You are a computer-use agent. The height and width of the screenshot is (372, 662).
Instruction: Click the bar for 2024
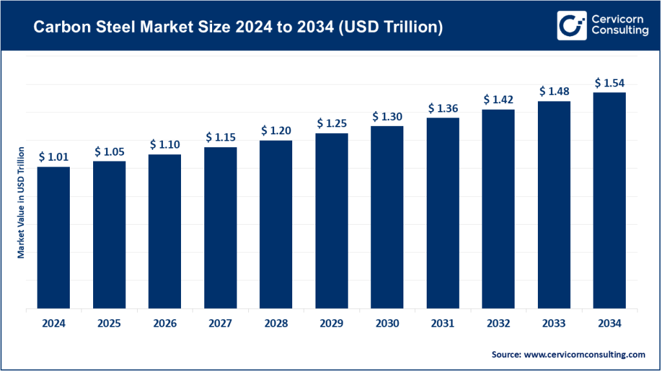click(x=54, y=238)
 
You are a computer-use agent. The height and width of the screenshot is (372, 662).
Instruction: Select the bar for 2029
click(x=332, y=221)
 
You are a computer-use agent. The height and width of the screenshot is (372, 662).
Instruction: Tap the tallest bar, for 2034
click(x=610, y=200)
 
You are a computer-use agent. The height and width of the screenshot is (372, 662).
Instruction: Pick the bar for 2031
click(x=443, y=213)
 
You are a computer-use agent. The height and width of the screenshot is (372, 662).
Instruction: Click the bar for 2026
click(x=165, y=231)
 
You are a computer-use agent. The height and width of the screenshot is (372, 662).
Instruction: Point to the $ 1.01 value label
click(x=54, y=157)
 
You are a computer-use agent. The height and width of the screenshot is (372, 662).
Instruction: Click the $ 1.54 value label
click(x=610, y=83)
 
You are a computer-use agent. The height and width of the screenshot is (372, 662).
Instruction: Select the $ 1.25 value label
click(x=332, y=123)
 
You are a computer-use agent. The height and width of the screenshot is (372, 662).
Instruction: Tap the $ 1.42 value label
click(x=498, y=99)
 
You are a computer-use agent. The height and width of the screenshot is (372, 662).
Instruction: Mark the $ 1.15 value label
click(x=220, y=137)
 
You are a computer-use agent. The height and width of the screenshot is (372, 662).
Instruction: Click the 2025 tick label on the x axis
click(x=109, y=324)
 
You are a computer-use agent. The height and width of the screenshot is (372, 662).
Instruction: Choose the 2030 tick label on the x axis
click(x=387, y=324)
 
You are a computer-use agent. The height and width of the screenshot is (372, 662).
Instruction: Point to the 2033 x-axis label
click(x=554, y=324)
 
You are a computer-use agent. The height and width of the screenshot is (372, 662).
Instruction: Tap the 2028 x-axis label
click(x=276, y=324)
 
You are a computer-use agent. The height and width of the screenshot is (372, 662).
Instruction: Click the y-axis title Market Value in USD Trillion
click(x=21, y=203)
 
